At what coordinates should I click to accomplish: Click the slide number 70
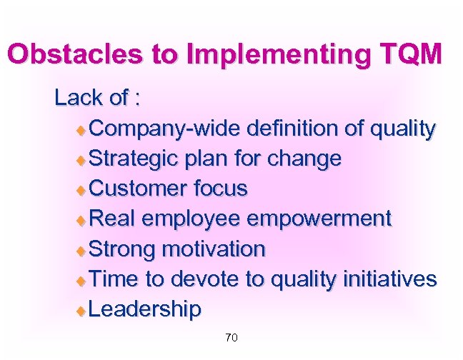(x=231, y=337)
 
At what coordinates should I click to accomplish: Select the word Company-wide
(x=166, y=129)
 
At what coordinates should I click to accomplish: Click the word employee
(x=201, y=219)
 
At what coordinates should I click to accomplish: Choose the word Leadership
(x=146, y=309)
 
